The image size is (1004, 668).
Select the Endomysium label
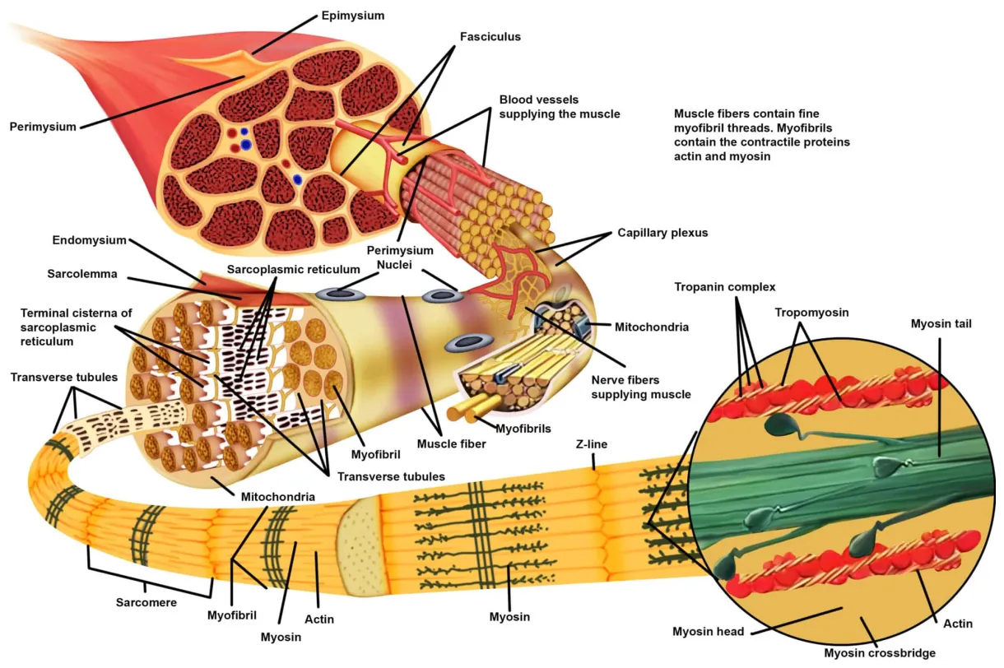tap(90, 241)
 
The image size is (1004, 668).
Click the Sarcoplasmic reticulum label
tap(294, 269)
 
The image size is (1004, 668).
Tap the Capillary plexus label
tap(662, 233)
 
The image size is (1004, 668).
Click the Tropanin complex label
tap(725, 287)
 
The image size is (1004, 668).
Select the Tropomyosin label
tap(811, 313)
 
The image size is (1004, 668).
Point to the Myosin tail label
tap(941, 324)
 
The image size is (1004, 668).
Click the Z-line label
tap(592, 444)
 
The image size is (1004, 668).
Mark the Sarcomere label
tap(146, 602)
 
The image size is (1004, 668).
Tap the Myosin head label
tap(709, 632)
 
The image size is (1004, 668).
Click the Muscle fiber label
tap(451, 444)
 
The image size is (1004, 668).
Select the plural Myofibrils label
tap(523, 429)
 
